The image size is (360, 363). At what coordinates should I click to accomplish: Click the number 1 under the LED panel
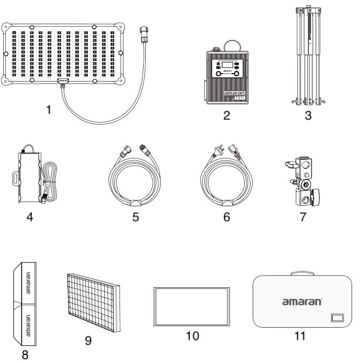coord(48,110)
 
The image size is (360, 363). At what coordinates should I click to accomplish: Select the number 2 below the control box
coord(226,116)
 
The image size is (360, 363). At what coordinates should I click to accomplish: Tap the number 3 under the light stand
coord(308,116)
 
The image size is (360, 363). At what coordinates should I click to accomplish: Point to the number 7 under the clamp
coord(303,217)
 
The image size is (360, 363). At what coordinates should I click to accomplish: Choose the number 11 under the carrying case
coord(300,336)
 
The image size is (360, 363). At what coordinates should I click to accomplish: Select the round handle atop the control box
coord(229,45)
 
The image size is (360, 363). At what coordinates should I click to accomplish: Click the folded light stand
coord(308,55)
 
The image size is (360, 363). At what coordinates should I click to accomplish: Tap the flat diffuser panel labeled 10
coord(192,306)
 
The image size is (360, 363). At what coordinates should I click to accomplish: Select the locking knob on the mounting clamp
coord(316,198)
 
